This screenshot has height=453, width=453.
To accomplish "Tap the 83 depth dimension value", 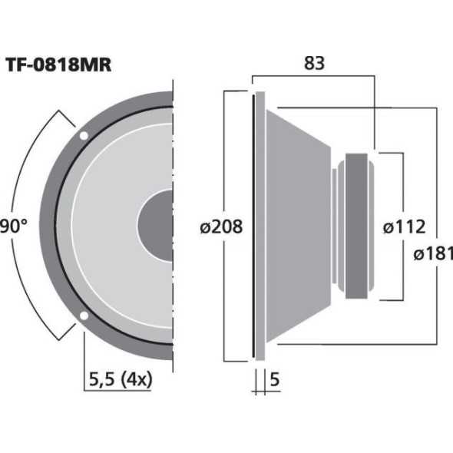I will click(x=314, y=64).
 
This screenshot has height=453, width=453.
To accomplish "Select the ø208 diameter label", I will click(x=220, y=226).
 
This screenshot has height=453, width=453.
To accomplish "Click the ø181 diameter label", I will click(x=432, y=254).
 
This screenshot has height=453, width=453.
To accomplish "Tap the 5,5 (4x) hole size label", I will click(x=119, y=378).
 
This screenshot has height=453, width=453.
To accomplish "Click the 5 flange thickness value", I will click(x=274, y=378).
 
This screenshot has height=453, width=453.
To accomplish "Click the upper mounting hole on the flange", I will click(x=83, y=136).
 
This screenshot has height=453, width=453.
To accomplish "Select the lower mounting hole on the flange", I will click(x=83, y=316).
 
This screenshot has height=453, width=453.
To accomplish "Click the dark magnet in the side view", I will click(x=357, y=226).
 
